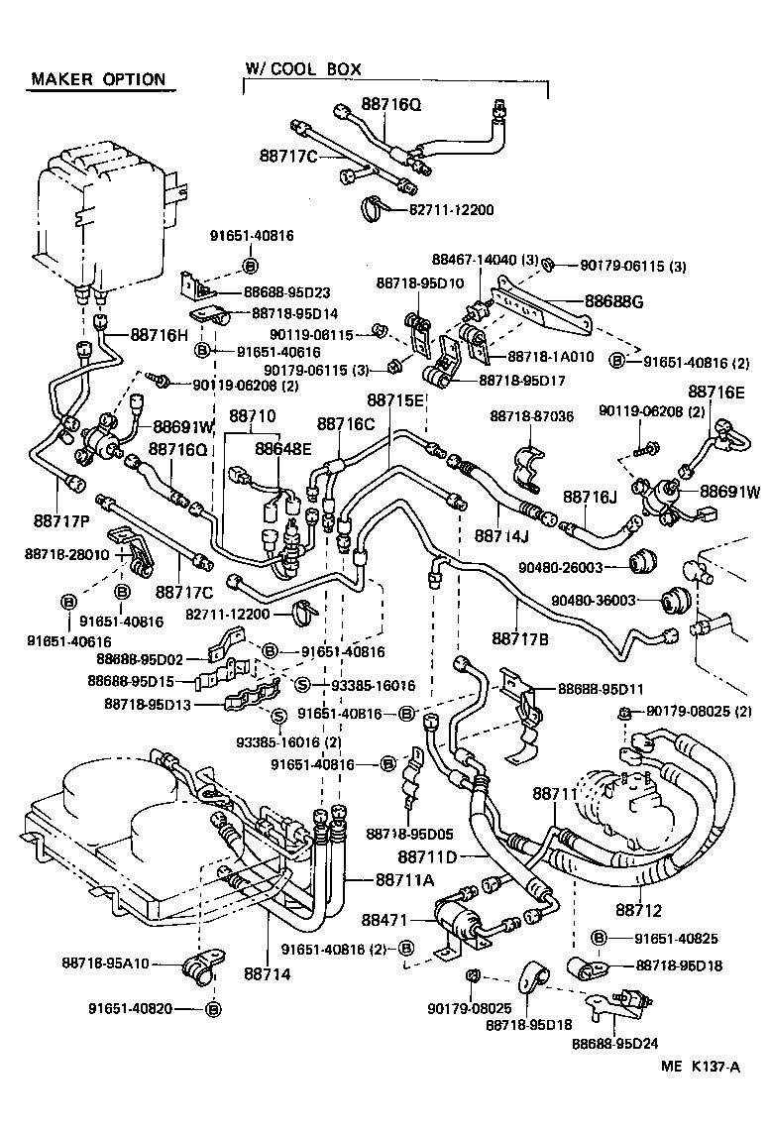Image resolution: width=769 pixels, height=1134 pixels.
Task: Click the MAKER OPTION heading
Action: click(97, 79)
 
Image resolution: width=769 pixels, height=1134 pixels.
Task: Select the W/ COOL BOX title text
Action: click(303, 69)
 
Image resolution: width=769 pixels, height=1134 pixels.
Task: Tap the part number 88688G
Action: click(614, 301)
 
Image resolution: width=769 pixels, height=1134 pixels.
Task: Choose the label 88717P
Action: click(62, 519)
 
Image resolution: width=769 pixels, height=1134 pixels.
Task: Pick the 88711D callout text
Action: click(427, 855)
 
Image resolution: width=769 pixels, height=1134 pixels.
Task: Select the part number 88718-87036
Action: click(531, 416)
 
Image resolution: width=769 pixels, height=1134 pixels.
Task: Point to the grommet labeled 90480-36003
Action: click(676, 601)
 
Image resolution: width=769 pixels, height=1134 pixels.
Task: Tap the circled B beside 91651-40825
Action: click(600, 937)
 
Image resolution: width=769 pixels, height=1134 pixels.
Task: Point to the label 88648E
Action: click(283, 448)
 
